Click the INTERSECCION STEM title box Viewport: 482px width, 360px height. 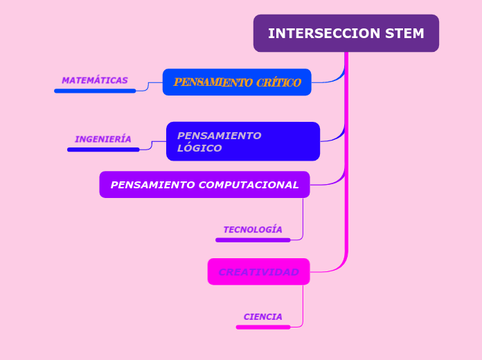(x=346, y=33)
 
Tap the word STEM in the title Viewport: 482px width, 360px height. (x=406, y=33)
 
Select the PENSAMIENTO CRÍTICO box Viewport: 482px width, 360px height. (x=237, y=82)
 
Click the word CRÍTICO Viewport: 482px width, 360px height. (x=278, y=82)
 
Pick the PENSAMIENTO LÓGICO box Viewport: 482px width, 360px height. (x=242, y=141)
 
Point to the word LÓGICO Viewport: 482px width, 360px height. (x=199, y=148)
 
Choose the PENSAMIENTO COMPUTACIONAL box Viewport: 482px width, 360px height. (x=204, y=185)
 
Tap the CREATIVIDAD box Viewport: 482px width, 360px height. (x=258, y=271)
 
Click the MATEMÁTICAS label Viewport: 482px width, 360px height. (x=95, y=80)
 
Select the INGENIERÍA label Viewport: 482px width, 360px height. (x=103, y=139)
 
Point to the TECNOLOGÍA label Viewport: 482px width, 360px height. (x=253, y=229)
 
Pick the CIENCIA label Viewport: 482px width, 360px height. (x=263, y=316)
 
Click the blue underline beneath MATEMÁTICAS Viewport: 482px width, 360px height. (x=95, y=91)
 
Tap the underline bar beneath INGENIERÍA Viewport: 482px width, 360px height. (x=103, y=150)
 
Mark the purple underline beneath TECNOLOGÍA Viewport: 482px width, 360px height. (x=253, y=240)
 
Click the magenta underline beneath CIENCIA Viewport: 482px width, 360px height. (x=263, y=327)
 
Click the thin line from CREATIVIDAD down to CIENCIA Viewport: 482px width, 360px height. (x=303, y=305)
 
